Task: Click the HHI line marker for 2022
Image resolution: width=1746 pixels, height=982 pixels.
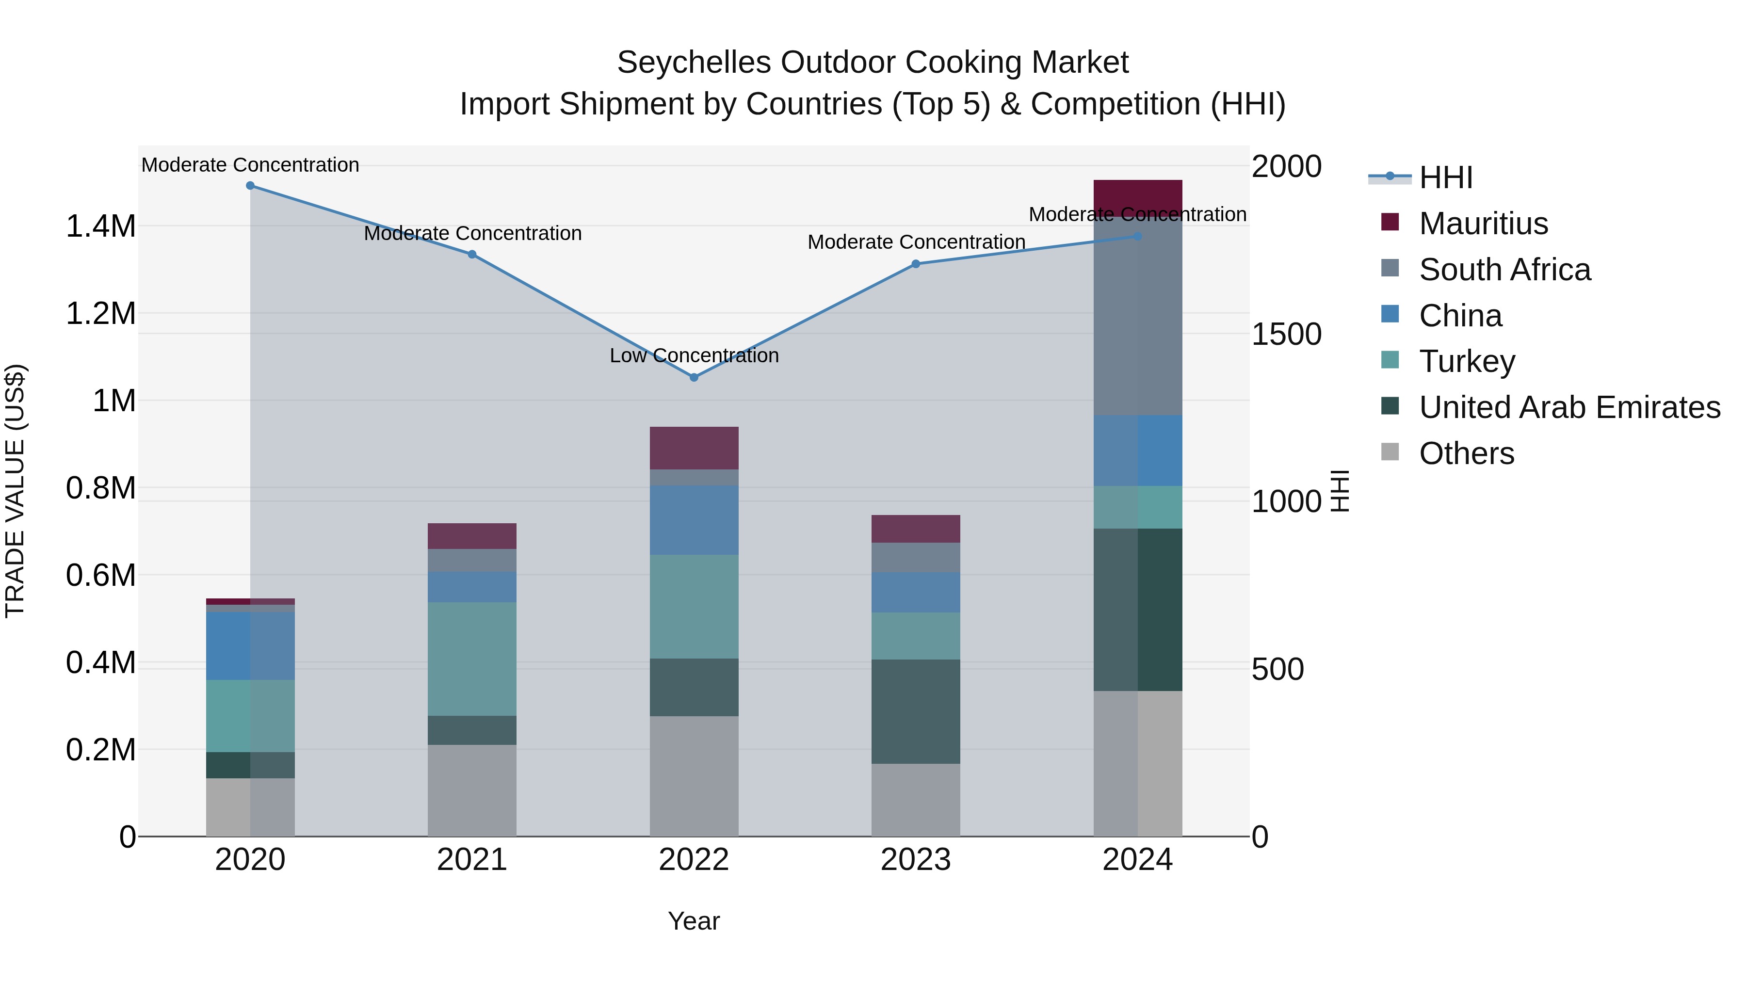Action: click(x=694, y=377)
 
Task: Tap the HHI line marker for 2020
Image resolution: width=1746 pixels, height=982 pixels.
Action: click(x=250, y=186)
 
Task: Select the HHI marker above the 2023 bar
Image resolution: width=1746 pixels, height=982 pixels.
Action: click(x=916, y=264)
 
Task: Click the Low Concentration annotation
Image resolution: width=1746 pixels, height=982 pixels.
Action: click(x=694, y=356)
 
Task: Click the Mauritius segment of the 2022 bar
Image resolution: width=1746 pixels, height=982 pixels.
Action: click(x=694, y=448)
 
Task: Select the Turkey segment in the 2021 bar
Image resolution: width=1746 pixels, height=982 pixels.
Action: click(x=472, y=659)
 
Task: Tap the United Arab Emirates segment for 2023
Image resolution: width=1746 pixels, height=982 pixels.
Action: click(x=916, y=711)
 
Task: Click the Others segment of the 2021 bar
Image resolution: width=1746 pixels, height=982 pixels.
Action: click(x=472, y=790)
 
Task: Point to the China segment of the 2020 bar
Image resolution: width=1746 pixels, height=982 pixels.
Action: click(x=250, y=646)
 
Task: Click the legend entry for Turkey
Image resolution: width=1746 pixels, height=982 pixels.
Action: click(x=1466, y=361)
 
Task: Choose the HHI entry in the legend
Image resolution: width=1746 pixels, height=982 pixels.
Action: click(x=1445, y=177)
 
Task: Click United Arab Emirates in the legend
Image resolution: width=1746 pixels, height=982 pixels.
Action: click(x=1569, y=407)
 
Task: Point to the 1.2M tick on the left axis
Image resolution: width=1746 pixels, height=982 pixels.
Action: click(x=101, y=314)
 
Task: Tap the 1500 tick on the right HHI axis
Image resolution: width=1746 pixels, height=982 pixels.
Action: click(x=1286, y=334)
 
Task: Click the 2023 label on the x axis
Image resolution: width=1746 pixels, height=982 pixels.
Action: click(x=916, y=860)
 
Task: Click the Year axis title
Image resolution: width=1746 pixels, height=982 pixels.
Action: click(x=694, y=921)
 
